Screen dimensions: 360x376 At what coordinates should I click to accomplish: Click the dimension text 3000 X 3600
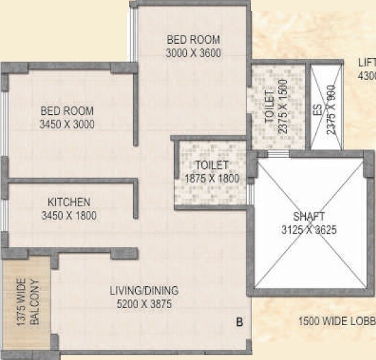click(x=193, y=53)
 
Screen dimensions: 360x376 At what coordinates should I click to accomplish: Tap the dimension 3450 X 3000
click(x=66, y=124)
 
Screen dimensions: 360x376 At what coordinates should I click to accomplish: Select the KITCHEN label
click(x=69, y=202)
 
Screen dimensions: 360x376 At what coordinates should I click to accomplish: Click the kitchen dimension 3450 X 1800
click(x=69, y=216)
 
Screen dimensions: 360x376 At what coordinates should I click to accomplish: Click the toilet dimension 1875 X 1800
click(x=212, y=178)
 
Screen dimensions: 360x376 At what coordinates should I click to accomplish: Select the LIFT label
click(x=366, y=63)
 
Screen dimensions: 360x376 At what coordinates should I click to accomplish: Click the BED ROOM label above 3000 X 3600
click(x=193, y=40)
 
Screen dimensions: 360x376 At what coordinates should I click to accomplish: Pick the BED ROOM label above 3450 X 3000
click(x=66, y=111)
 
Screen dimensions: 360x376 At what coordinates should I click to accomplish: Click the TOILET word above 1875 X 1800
click(x=212, y=165)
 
